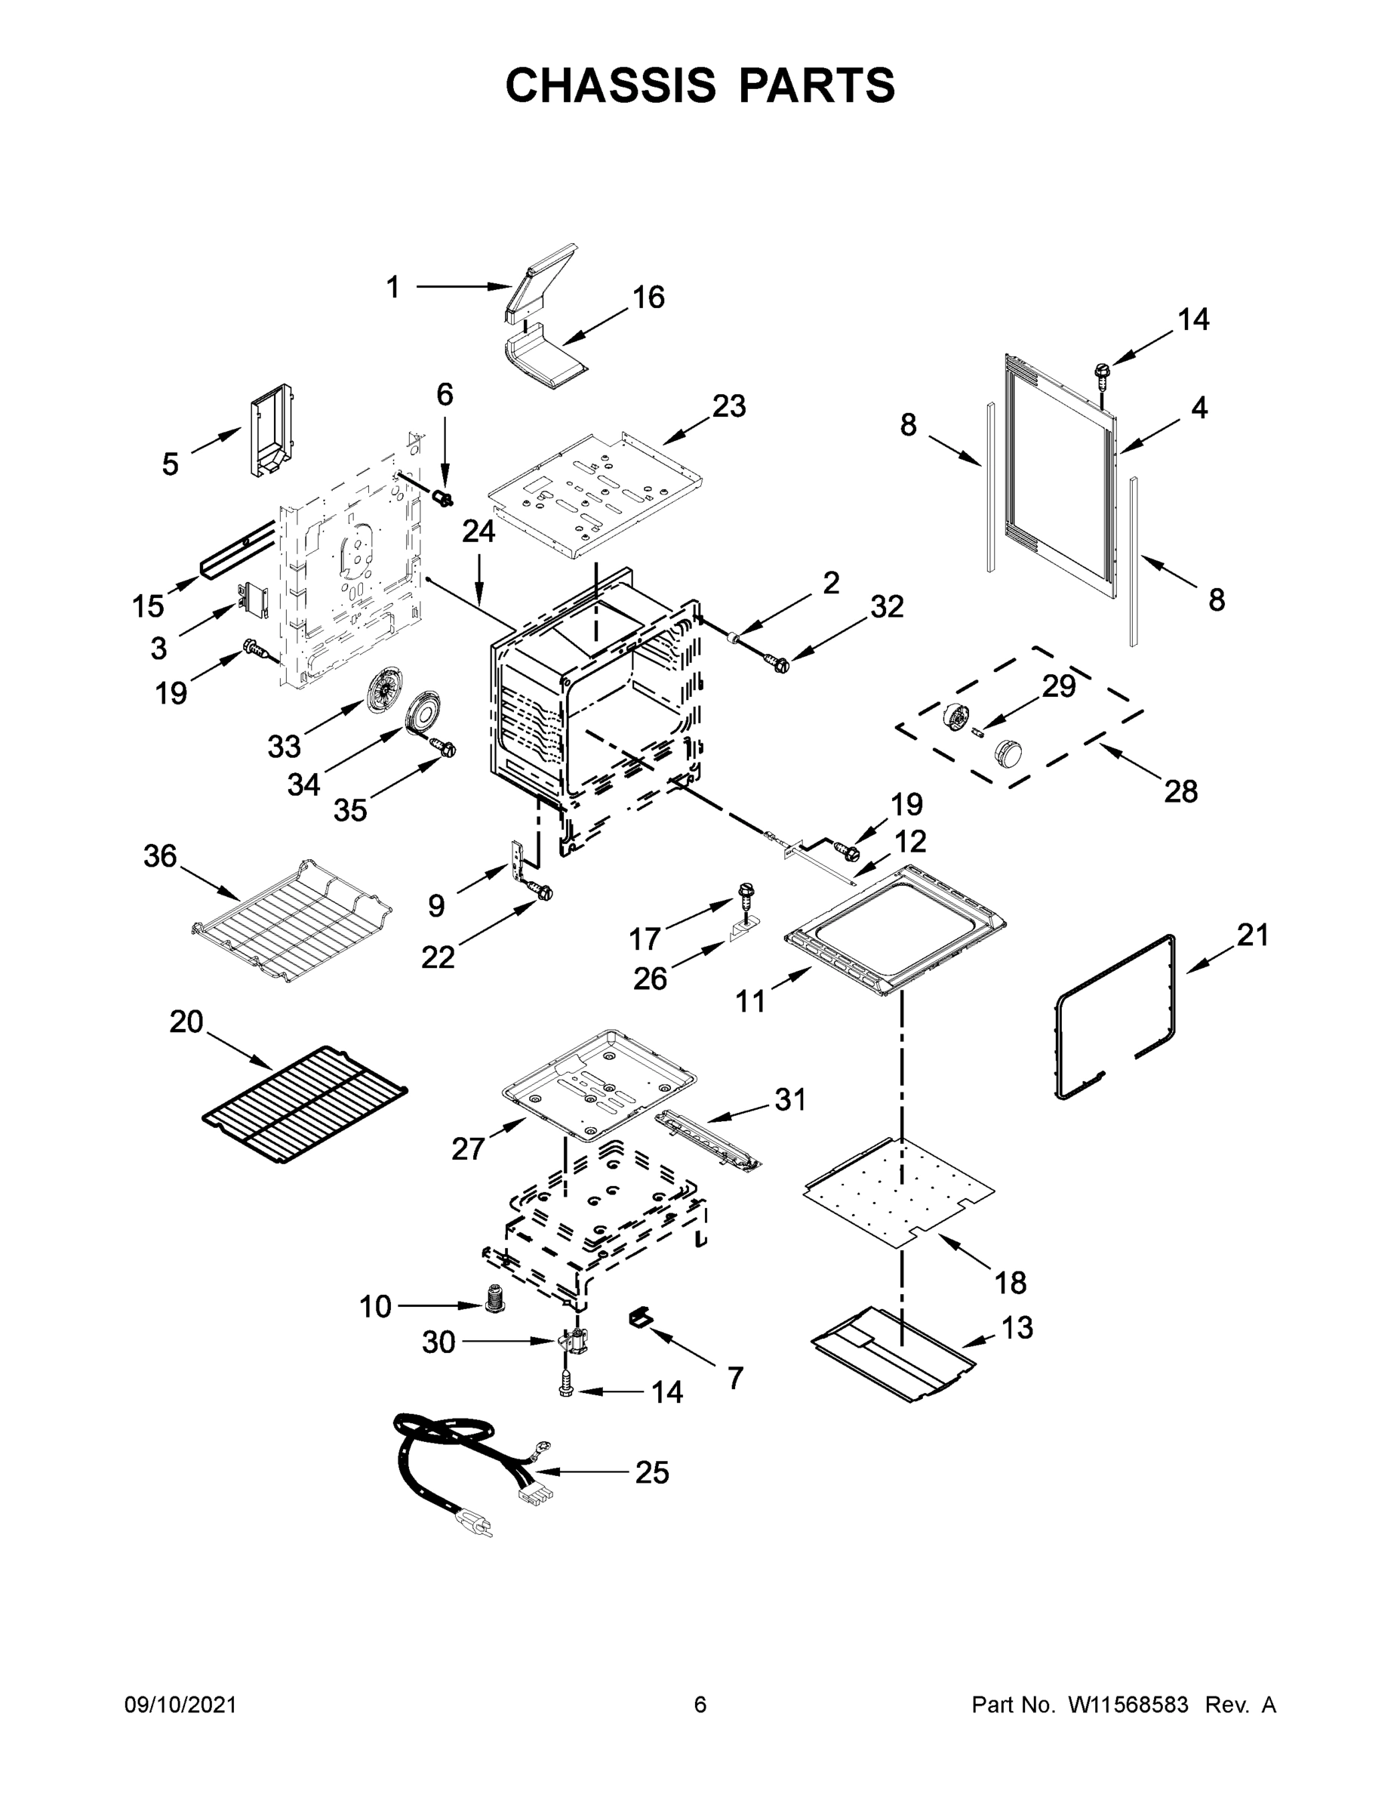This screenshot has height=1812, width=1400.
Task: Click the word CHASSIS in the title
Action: coord(611,85)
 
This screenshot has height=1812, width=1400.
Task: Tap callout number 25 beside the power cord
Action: coord(652,1473)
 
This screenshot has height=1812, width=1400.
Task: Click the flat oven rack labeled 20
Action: coord(304,1104)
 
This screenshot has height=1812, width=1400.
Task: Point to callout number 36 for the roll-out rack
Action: coord(160,855)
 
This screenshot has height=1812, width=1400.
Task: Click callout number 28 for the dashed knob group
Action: coord(1180,791)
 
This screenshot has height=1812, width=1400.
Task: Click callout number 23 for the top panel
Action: coord(729,405)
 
